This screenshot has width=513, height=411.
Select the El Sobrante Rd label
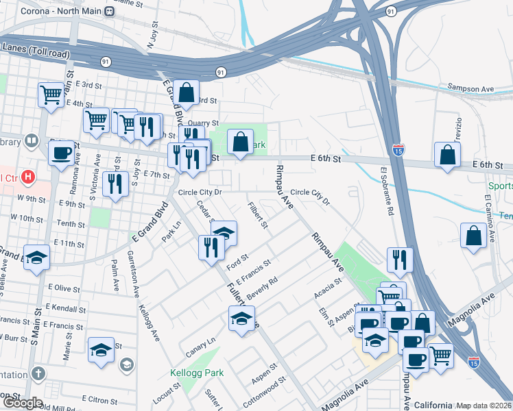[385, 191]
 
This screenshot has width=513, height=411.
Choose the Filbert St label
[258, 215]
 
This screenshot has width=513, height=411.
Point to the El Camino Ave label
[488, 217]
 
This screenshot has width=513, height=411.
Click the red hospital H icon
[28, 177]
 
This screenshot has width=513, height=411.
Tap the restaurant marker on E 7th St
[115, 183]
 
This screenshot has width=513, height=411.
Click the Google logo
[22, 403]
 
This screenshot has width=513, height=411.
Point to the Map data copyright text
[484, 406]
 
